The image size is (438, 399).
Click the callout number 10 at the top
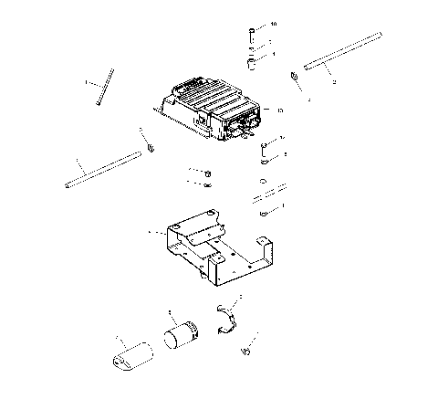273,23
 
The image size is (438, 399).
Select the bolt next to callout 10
249,34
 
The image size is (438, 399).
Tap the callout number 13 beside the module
279,110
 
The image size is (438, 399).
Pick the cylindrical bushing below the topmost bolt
249,65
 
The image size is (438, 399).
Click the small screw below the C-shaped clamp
245,350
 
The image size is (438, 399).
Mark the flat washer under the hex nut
208,184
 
